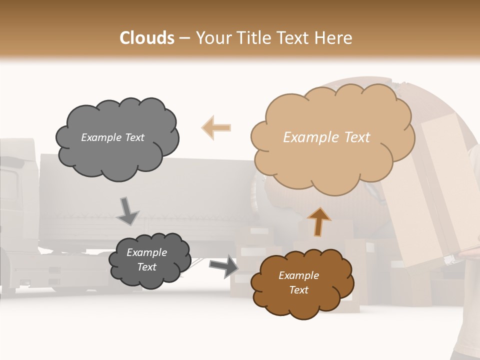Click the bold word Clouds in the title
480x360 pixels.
147,38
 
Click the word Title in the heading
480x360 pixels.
252,38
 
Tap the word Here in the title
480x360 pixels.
334,38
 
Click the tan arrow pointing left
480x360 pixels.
216,127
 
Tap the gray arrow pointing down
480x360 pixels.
127,211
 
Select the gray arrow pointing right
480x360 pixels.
223,265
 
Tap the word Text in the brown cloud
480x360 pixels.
298,290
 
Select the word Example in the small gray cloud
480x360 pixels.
146,252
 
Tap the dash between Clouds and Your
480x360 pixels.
184,38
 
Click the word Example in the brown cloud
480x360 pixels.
298,275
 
